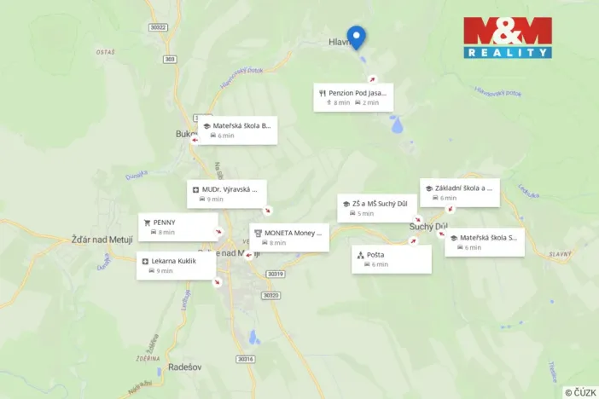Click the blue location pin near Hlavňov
[358, 37]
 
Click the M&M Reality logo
[507, 38]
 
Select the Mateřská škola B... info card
[237, 130]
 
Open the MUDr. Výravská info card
[227, 193]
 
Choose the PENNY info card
[177, 226]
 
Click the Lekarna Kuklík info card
[176, 265]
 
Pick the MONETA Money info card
[289, 237]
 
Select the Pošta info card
[392, 259]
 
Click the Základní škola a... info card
[459, 193]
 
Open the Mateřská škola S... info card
[485, 242]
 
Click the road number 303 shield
[170, 59]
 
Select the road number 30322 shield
[157, 26]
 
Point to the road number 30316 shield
[246, 359]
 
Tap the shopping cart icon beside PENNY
[148, 222]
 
